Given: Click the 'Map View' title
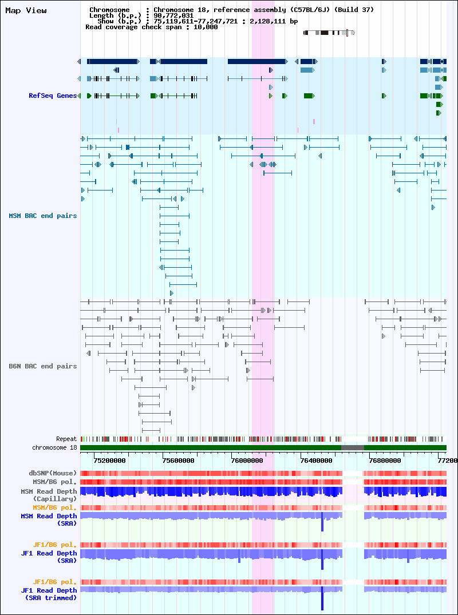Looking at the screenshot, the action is pyautogui.click(x=26, y=11).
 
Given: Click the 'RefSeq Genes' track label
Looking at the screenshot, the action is pyautogui.click(x=53, y=96).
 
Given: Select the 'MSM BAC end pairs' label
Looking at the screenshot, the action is pyautogui.click(x=43, y=216).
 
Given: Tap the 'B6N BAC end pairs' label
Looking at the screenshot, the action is pyautogui.click(x=43, y=366).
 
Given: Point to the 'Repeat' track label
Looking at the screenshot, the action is pyautogui.click(x=66, y=439).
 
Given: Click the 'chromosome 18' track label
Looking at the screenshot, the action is pyautogui.click(x=54, y=447).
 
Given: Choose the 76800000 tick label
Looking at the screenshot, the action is pyautogui.click(x=385, y=461).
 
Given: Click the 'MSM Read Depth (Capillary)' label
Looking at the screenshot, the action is pyautogui.click(x=49, y=495).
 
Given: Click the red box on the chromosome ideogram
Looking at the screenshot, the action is pyautogui.click(x=348, y=33).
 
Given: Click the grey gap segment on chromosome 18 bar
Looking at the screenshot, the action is pyautogui.click(x=353, y=447).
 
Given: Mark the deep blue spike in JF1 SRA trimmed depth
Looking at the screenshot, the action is pyautogui.click(x=322, y=598).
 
